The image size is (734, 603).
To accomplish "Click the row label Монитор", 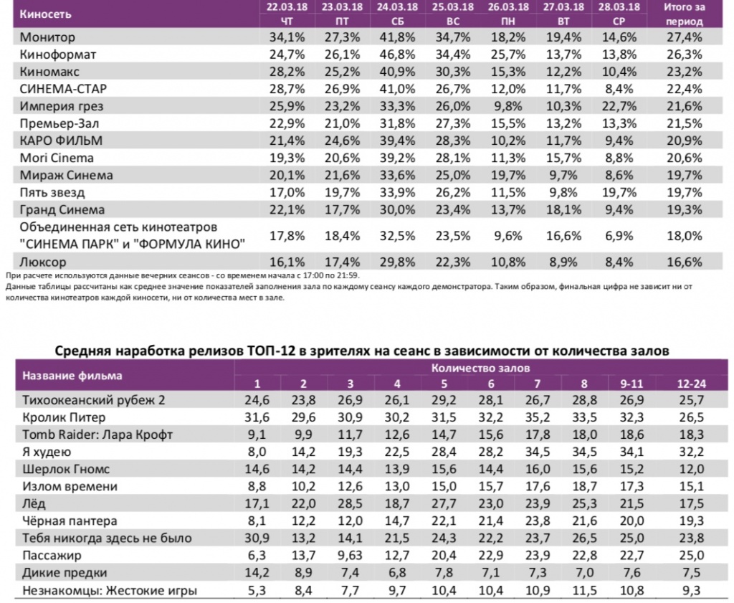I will [x=48, y=37].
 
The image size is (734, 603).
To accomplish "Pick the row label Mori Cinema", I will [x=58, y=158].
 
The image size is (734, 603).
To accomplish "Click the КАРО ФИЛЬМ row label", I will [x=62, y=141].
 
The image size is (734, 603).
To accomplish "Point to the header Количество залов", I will [x=480, y=367].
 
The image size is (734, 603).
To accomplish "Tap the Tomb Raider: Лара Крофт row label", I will [x=97, y=435].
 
